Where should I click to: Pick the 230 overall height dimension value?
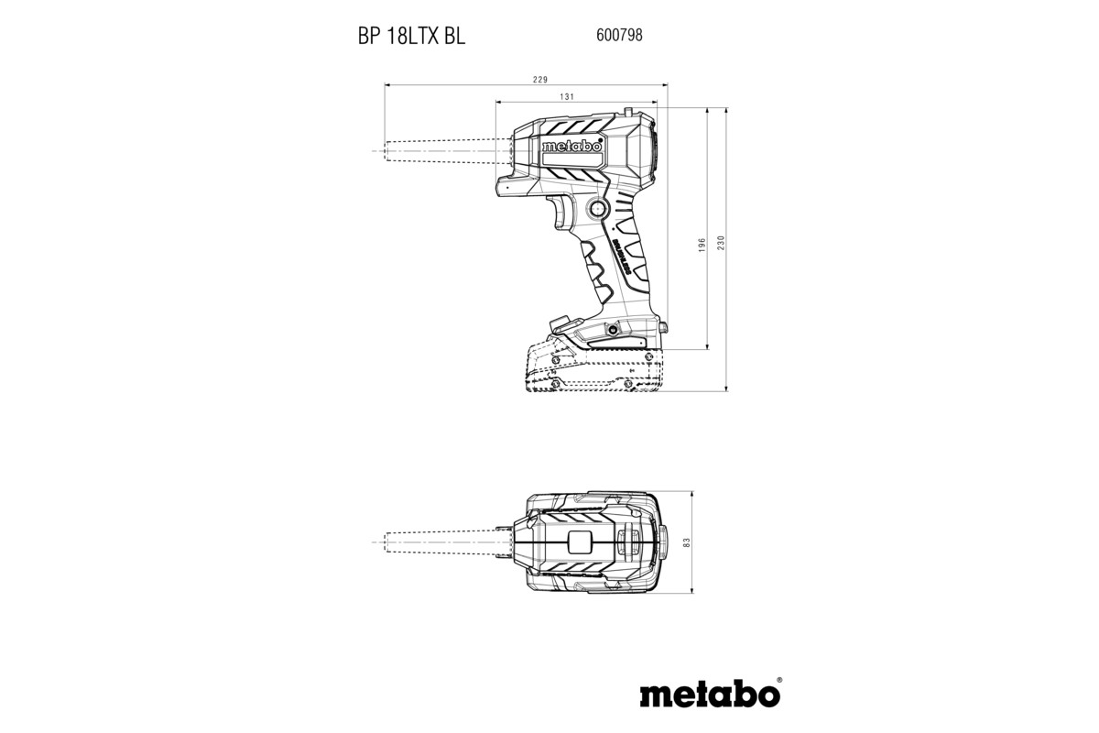[721, 245]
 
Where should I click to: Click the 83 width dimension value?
[686, 543]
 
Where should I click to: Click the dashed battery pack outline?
[595, 371]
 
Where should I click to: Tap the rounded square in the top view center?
[581, 542]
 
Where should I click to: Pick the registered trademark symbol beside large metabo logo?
[779, 681]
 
